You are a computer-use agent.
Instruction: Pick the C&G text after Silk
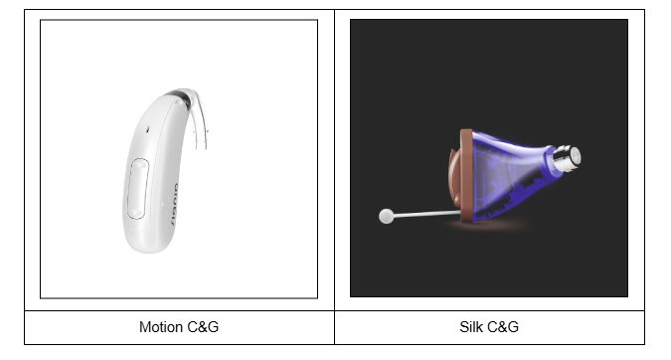pyautogui.click(x=502, y=327)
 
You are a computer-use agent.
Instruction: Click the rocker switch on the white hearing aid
pyautogui.click(x=138, y=188)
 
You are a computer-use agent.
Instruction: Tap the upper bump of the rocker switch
pyautogui.click(x=139, y=165)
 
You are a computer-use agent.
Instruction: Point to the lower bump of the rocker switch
pyautogui.click(x=135, y=213)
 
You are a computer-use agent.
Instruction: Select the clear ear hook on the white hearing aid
pyautogui.click(x=198, y=117)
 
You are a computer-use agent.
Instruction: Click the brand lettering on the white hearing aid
pyautogui.click(x=174, y=205)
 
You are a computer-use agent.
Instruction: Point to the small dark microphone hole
pyautogui.click(x=148, y=129)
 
